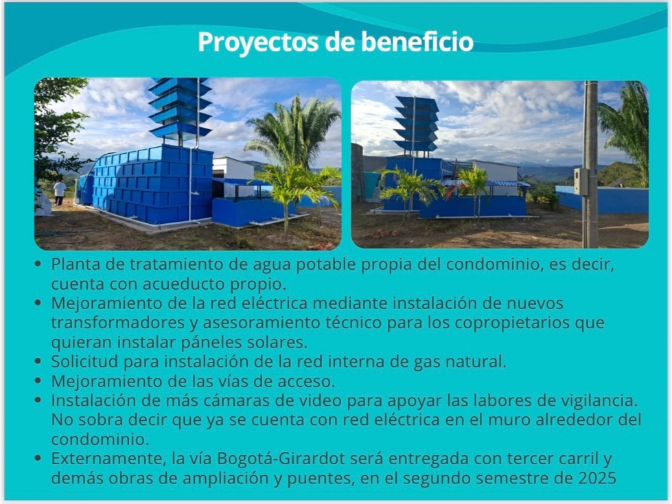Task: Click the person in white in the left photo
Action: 59,192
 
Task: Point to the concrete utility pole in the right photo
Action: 590,164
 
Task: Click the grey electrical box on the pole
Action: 581,181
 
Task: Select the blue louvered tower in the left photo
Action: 180,110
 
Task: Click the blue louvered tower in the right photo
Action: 416,125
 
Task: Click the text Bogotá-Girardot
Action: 281,459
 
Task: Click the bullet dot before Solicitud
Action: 38,361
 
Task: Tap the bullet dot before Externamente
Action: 38,458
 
